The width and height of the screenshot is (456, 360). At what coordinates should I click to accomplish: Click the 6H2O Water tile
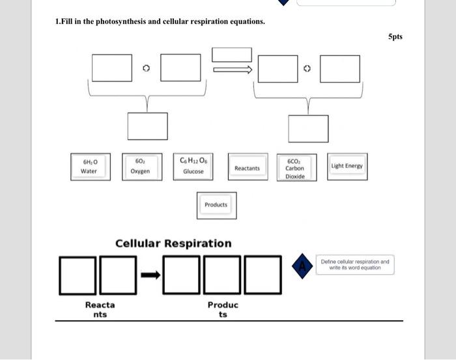pos(90,166)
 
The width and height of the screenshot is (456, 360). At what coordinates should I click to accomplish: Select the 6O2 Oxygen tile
pos(140,166)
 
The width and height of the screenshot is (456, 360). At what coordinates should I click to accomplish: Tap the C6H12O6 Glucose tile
pos(193,166)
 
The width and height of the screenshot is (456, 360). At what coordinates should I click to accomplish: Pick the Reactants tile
pos(247,168)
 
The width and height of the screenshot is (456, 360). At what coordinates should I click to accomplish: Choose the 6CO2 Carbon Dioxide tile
pos(294,168)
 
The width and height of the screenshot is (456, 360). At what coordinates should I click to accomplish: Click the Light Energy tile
pos(347,166)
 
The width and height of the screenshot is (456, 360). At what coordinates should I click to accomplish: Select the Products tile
pos(216,204)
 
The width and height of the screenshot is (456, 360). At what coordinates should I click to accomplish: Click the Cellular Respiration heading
pos(173,243)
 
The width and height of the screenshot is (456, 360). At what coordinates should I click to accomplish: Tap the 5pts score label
pos(395,36)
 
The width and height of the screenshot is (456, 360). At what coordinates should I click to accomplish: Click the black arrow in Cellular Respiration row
pos(150,275)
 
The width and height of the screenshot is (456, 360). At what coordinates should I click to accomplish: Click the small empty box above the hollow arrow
pos(232,55)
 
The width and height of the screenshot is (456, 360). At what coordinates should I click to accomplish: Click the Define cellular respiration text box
pos(355,264)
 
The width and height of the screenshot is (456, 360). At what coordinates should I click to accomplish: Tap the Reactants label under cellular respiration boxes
pos(100,309)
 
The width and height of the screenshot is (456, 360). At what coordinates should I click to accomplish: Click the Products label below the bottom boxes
pos(223,309)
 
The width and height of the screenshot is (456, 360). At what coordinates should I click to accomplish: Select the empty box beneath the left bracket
pos(147,126)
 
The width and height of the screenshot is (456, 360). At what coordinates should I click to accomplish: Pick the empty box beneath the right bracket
pos(308,128)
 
